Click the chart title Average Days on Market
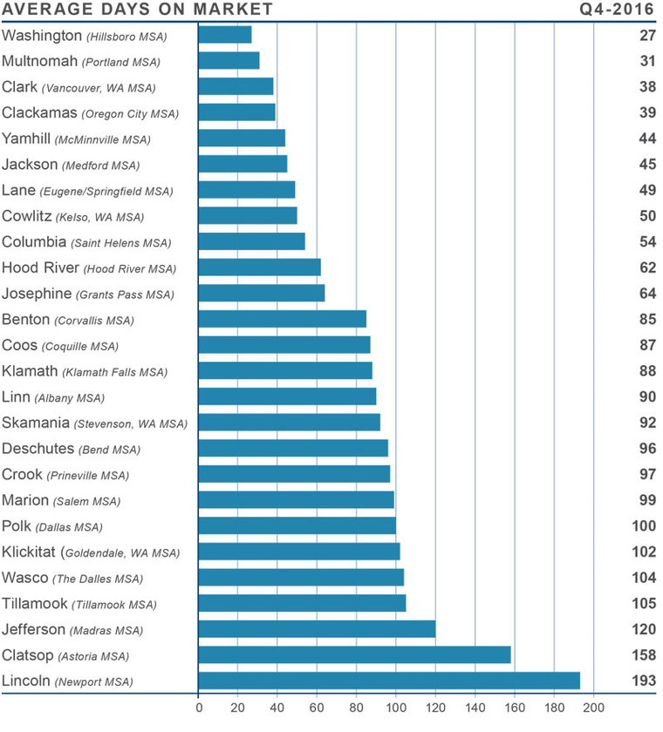[138, 10]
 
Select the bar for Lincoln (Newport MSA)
[389, 681]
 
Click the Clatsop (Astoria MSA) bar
[354, 654]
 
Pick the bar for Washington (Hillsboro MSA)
[225, 35]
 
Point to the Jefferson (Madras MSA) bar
[317, 628]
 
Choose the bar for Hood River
[259, 268]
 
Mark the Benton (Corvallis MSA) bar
[282, 319]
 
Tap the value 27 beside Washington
[646, 36]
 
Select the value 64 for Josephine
[646, 294]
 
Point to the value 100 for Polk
[642, 526]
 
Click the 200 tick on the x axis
[594, 708]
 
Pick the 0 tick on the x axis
[199, 708]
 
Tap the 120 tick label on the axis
[435, 708]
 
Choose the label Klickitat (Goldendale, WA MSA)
[91, 552]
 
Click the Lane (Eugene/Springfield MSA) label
[87, 190]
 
